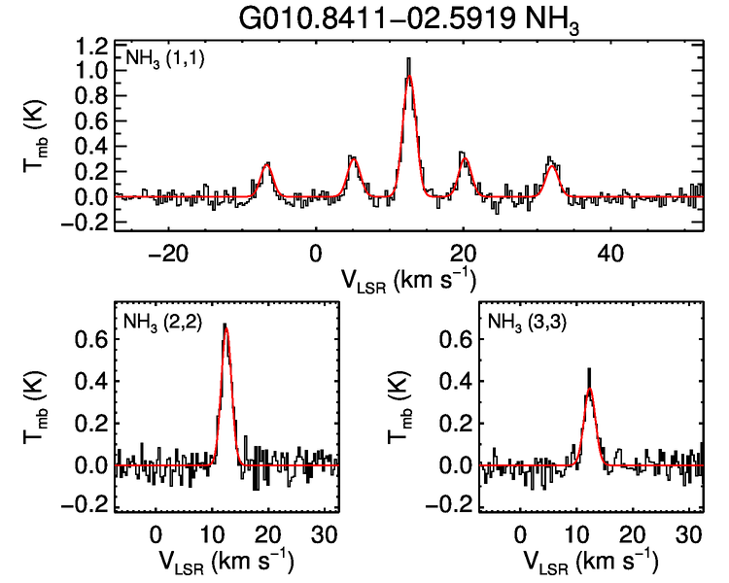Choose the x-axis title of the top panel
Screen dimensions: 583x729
pos(408,281)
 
